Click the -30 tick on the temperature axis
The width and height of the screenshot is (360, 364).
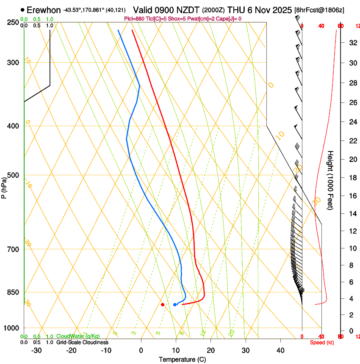tap(36, 350)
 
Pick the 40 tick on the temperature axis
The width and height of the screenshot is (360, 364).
tap(280, 350)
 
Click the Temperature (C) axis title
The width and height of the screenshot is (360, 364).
tap(182, 360)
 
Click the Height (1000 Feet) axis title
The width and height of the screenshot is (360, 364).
tap(331, 180)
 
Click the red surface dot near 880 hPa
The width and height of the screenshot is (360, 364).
tap(163, 304)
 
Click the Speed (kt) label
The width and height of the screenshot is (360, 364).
tap(322, 342)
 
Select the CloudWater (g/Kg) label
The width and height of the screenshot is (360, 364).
tap(78, 336)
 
